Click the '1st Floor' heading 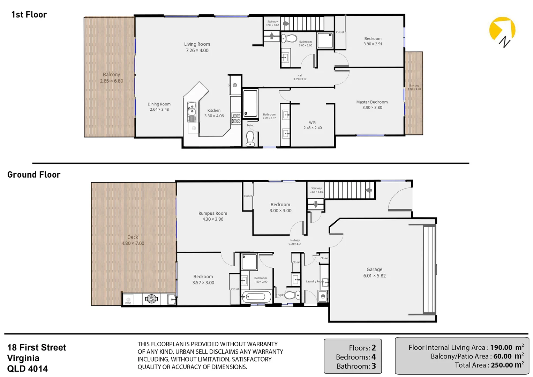(x=29, y=15)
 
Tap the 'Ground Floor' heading (x=34, y=175)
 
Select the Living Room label (x=197, y=44)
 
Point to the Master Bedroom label (x=372, y=102)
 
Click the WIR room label (x=312, y=123)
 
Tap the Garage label (x=374, y=269)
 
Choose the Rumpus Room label (x=213, y=213)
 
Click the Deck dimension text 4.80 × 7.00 (x=133, y=243)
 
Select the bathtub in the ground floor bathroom (x=256, y=297)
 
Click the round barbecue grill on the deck (x=151, y=299)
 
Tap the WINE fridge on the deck (x=128, y=300)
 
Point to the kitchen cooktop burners (x=237, y=119)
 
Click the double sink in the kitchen (x=192, y=109)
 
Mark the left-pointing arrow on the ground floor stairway (x=368, y=190)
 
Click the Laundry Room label (x=315, y=281)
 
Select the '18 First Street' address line (x=37, y=347)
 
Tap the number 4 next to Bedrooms (x=374, y=357)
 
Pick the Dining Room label (x=159, y=104)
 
